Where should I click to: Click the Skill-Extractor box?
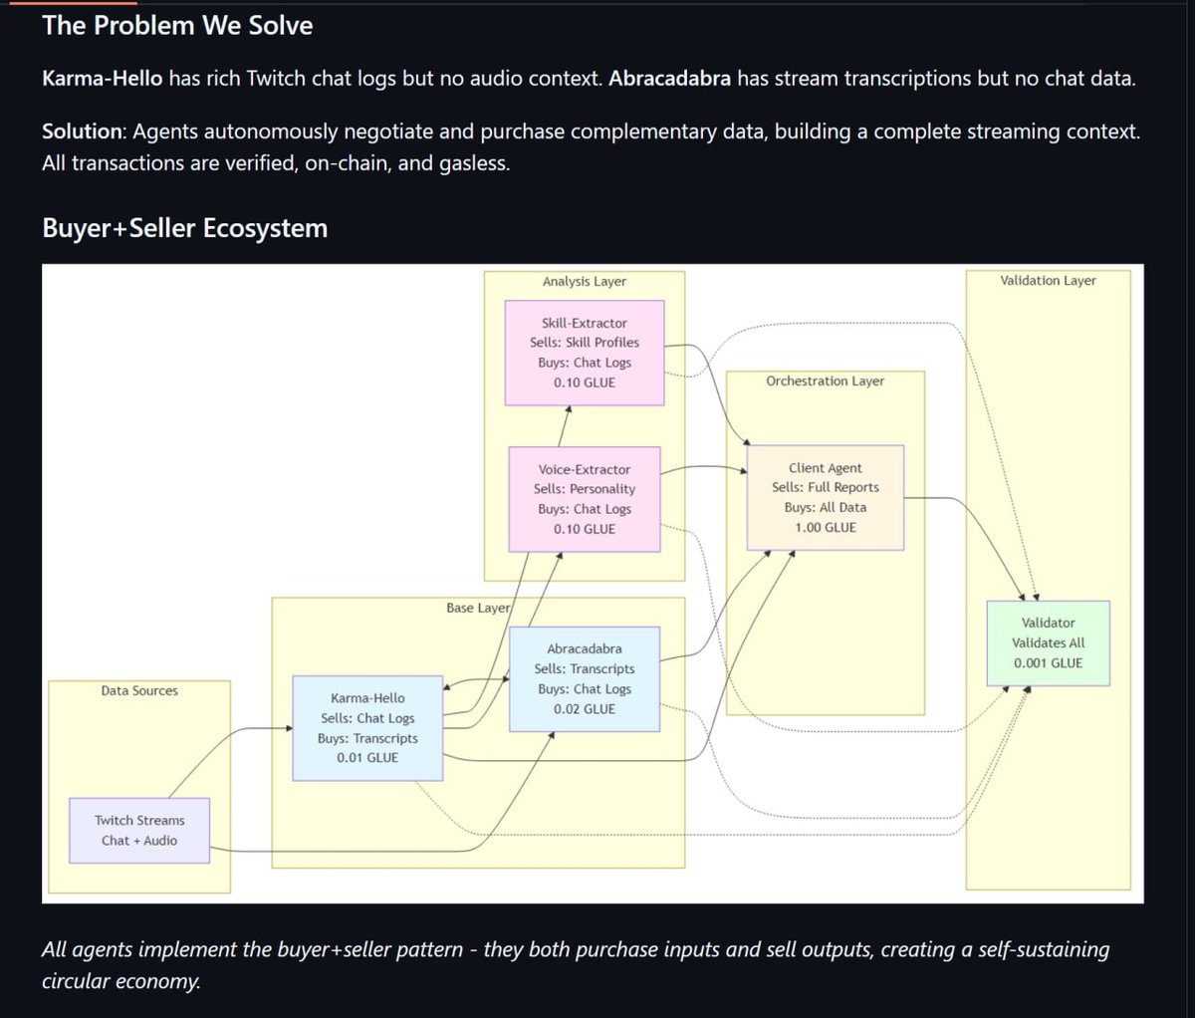click(x=584, y=353)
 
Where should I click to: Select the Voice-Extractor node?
click(x=584, y=498)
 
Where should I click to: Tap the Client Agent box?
click(x=825, y=497)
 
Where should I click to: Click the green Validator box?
click(x=1048, y=642)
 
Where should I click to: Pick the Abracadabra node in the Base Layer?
click(x=584, y=678)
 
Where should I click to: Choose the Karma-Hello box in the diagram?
click(x=367, y=727)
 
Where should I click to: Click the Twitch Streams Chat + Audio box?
click(x=139, y=830)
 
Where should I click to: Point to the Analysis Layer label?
click(x=584, y=281)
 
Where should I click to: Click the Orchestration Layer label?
click(x=825, y=381)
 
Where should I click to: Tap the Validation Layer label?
click(x=1048, y=280)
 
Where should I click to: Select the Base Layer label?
click(x=478, y=608)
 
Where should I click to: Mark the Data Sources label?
click(x=139, y=690)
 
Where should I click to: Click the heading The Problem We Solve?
click(x=177, y=25)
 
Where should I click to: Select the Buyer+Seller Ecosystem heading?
click(x=184, y=228)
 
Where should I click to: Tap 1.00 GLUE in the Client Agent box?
click(x=825, y=527)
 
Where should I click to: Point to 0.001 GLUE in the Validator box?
click(x=1048, y=662)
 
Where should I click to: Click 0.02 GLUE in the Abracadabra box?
click(x=584, y=709)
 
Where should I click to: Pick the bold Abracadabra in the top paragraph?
click(x=669, y=78)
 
